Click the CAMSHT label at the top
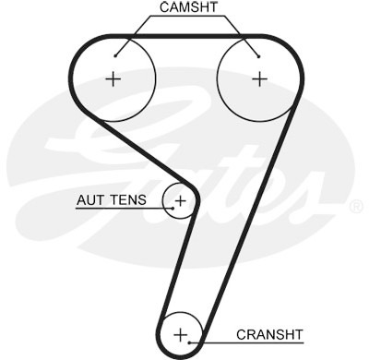[188, 7]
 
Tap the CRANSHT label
[269, 334]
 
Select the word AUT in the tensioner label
[90, 200]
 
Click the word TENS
[128, 200]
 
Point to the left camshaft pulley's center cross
[113, 79]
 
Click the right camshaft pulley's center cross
[260, 79]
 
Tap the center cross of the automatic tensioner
[181, 201]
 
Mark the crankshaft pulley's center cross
[181, 334]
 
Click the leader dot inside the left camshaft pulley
[115, 55]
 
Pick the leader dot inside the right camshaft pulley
[259, 56]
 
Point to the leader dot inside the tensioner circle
[173, 209]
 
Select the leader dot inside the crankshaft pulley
[190, 342]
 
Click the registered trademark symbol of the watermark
[356, 207]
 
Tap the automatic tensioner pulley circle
[162, 201]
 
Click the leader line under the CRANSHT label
[247, 342]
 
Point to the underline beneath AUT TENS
[125, 209]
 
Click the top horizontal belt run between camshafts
[187, 37]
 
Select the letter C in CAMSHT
[164, 7]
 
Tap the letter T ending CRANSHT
[298, 334]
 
